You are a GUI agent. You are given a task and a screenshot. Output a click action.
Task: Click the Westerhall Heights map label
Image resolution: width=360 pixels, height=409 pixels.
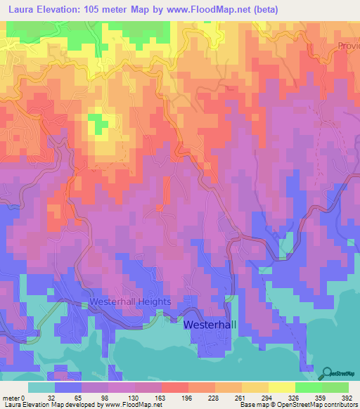coord(130,301)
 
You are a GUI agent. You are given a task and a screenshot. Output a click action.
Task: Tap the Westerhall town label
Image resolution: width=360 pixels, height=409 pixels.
coord(212,325)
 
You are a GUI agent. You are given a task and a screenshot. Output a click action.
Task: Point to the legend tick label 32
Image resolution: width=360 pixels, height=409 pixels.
coord(53,396)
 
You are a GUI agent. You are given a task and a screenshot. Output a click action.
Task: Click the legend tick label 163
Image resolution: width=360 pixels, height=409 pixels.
coord(160,396)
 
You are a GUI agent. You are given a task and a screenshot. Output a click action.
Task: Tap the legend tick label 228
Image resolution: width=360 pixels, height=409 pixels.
coord(214,396)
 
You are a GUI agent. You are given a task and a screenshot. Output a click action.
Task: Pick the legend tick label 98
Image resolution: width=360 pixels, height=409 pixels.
coord(107,396)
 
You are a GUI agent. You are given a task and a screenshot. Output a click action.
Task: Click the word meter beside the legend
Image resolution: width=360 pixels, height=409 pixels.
coord(10,396)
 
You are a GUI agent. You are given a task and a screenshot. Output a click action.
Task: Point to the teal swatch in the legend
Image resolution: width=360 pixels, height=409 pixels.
coord(41,387)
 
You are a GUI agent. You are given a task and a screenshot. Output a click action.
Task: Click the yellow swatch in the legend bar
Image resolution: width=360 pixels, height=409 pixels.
coord(281,387)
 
